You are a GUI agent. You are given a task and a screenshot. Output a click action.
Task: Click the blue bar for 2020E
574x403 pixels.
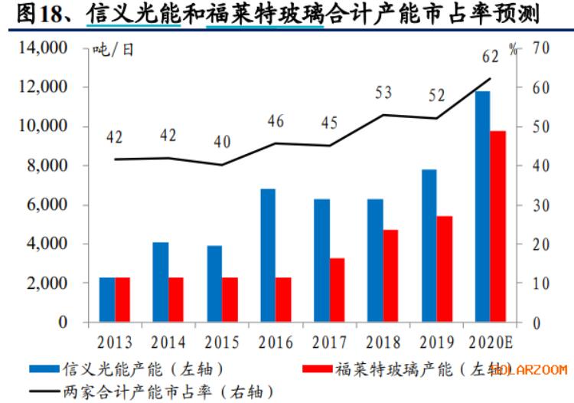coord(482,207)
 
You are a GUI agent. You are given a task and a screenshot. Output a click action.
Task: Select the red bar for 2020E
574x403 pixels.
coord(498,227)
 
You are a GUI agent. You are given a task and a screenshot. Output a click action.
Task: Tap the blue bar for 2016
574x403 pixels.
coord(268,255)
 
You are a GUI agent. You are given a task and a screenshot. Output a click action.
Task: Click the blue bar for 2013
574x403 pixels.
coord(107,300)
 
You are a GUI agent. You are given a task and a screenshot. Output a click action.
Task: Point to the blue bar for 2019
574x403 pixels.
coord(429,246)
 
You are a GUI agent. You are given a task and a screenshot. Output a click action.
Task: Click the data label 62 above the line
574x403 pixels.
coord(491,56)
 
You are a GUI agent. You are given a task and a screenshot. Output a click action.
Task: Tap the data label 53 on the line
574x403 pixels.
coord(383,93)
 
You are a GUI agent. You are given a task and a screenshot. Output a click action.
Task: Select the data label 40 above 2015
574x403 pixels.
coord(222,143)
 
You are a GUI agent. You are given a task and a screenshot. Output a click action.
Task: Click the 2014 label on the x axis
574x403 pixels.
coord(168,341)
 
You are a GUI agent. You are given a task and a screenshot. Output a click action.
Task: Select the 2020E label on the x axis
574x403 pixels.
coord(491,341)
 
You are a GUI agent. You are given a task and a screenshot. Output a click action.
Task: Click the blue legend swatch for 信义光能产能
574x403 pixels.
coord(45,369)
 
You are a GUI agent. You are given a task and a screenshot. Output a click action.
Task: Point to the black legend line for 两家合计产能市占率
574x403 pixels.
coord(45,391)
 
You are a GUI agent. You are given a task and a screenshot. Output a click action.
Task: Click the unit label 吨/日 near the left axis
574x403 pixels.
coord(113,50)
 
